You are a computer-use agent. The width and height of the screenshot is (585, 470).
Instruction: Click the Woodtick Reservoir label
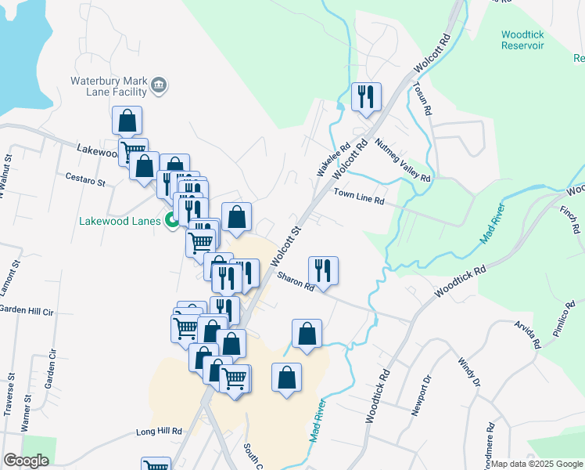point(533,40)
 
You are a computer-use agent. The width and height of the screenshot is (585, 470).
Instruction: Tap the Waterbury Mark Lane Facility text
point(109,86)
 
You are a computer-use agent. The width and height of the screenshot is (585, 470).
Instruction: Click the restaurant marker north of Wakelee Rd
point(366,97)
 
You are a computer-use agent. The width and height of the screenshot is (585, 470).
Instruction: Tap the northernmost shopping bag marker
point(127,121)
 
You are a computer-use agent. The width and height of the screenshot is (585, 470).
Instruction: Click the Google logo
point(26,461)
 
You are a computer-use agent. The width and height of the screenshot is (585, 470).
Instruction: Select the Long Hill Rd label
point(159,432)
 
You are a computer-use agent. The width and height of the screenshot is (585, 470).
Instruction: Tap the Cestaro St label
point(85,182)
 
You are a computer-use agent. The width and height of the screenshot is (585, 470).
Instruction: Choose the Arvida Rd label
point(527,333)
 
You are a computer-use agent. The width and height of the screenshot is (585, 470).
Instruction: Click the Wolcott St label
point(286,246)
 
